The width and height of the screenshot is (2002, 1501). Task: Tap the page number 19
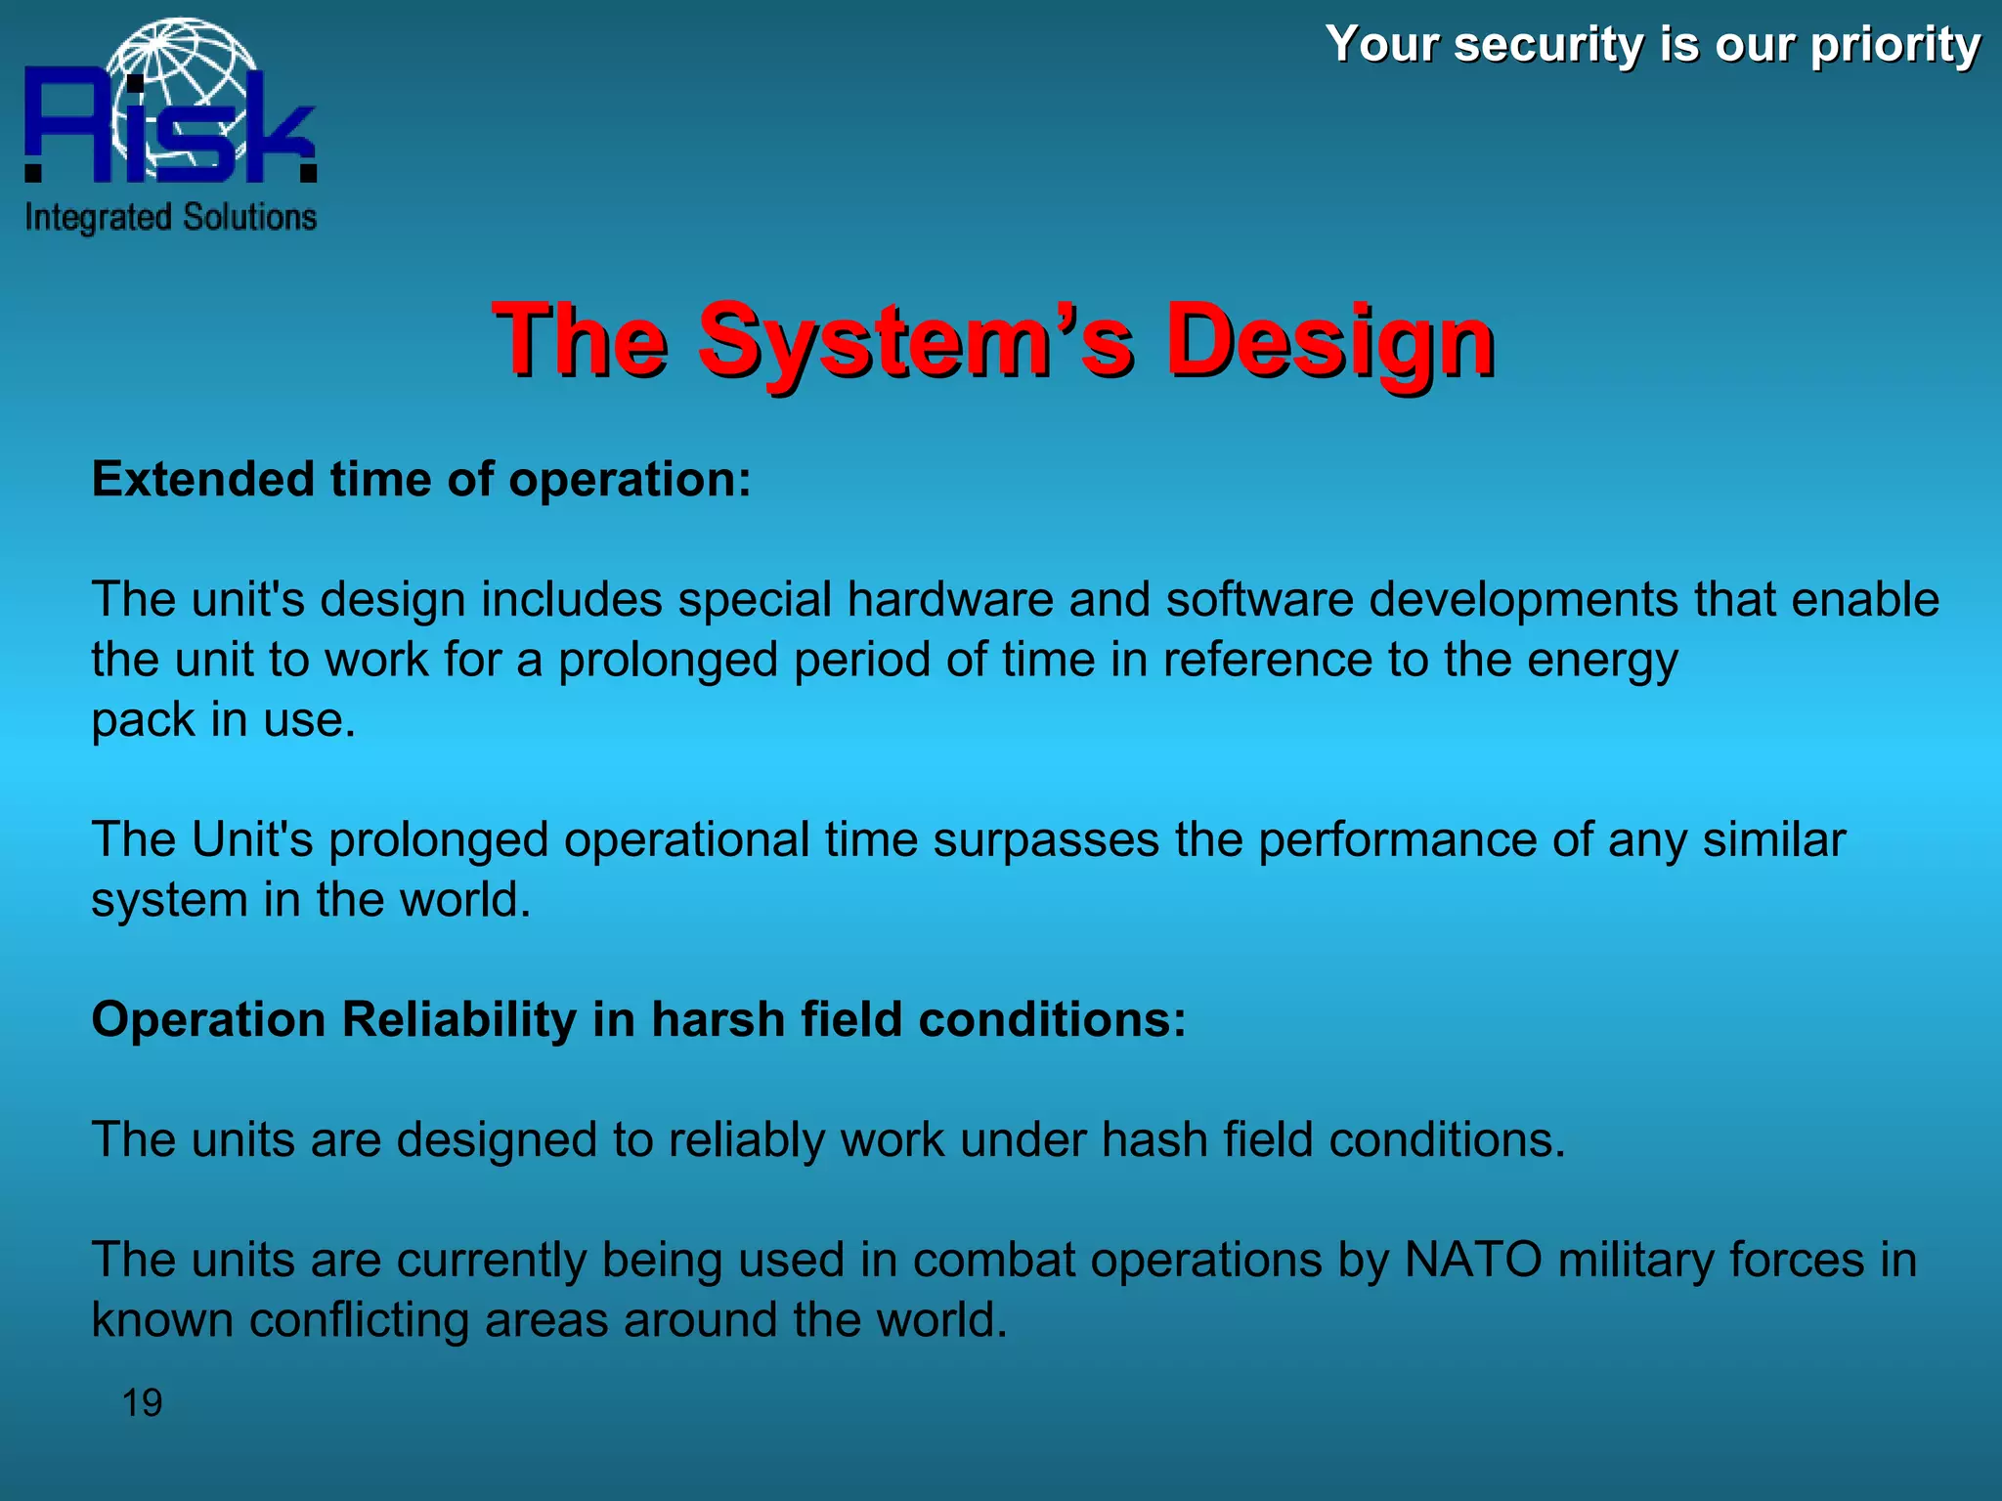(x=142, y=1403)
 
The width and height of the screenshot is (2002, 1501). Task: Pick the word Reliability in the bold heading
(x=459, y=1020)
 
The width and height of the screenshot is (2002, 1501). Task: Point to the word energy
(x=1602, y=662)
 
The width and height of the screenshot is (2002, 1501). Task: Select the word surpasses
(x=1046, y=840)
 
